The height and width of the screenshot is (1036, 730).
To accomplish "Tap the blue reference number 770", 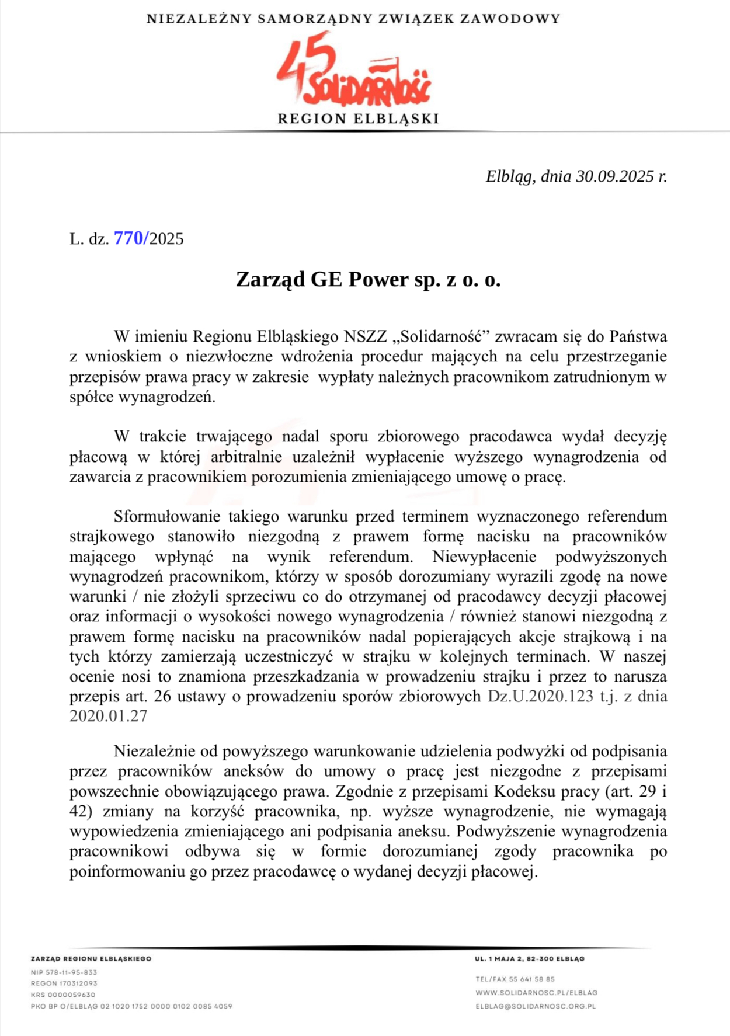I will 128,238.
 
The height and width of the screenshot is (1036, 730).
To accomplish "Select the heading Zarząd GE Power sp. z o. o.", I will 368,280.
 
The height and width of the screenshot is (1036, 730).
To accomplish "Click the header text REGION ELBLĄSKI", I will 358,119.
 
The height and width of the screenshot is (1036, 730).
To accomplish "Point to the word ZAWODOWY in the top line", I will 510,19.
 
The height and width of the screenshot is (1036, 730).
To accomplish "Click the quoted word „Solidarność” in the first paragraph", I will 440,336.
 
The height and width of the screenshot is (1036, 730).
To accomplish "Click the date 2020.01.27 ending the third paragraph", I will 108,716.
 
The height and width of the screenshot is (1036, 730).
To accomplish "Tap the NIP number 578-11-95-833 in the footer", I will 64,972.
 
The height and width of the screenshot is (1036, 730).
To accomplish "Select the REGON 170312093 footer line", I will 64,983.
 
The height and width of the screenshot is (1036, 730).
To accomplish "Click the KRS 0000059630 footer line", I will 63,995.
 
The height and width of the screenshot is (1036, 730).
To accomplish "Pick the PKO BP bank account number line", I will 131,1006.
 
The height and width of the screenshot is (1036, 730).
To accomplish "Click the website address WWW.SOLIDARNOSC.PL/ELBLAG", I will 536,993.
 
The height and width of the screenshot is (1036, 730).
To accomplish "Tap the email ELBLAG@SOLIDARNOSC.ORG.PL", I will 536,1006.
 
